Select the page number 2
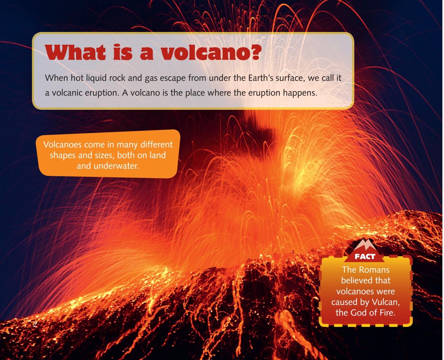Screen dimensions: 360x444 pos(35,324)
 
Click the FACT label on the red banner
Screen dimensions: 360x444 pos(365,257)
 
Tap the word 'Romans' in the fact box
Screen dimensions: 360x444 pos(375,270)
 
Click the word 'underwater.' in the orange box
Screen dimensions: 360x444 pos(108,166)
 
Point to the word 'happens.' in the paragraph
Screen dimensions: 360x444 pos(300,93)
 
